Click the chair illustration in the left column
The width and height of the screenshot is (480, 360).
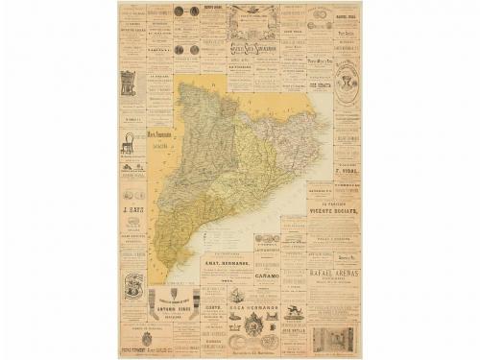pos(127,142)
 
